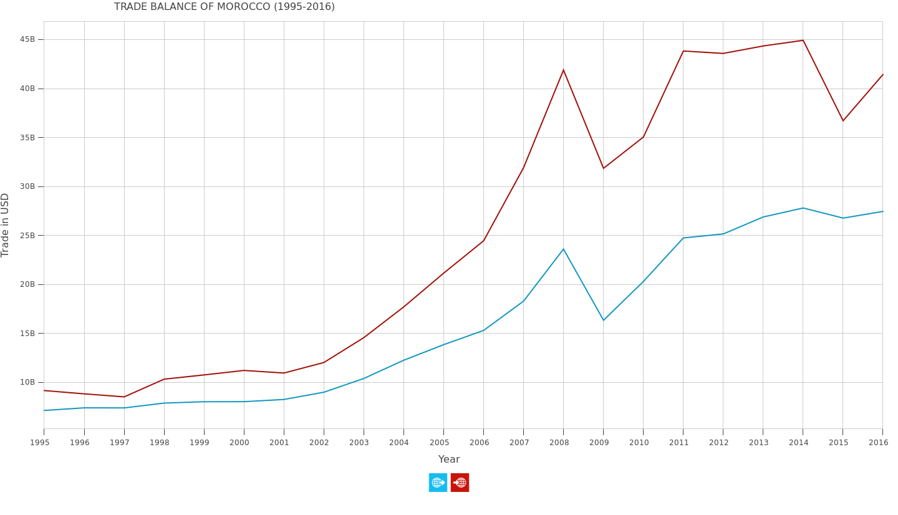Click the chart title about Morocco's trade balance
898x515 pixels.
(224, 7)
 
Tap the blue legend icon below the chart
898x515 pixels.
(438, 483)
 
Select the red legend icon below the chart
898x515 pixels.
(460, 483)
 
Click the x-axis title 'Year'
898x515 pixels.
(449, 460)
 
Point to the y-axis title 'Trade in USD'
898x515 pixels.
(6, 224)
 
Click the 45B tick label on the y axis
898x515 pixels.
(27, 39)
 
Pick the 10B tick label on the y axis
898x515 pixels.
(27, 382)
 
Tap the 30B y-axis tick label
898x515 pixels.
(27, 186)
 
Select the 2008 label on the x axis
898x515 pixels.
(559, 443)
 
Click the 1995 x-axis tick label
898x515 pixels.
(40, 443)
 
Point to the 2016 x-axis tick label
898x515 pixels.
(878, 443)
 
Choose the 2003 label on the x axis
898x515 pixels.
(359, 443)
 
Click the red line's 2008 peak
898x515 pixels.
(563, 70)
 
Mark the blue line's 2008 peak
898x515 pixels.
(563, 249)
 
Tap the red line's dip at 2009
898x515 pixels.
(603, 168)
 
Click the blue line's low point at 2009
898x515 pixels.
(603, 320)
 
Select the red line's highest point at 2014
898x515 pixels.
(803, 41)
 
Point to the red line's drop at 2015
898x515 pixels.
(842, 121)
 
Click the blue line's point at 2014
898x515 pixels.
(803, 208)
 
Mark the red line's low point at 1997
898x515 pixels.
(124, 397)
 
